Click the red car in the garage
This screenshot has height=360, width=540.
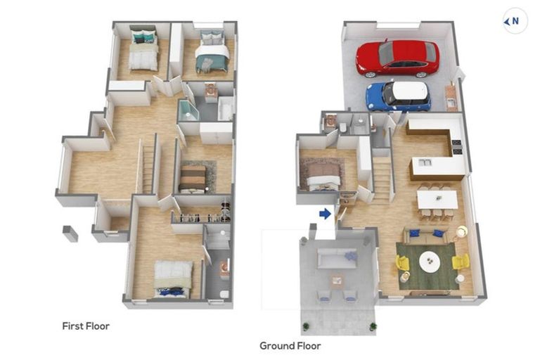pyautogui.click(x=397, y=58)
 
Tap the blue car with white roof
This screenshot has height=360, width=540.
pyautogui.click(x=398, y=96)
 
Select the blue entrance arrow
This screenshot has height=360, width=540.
pyautogui.click(x=325, y=214)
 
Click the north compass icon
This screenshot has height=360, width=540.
pyautogui.click(x=515, y=21)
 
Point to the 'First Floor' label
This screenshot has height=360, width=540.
pyautogui.click(x=86, y=326)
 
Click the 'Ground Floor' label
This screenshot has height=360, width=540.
pyautogui.click(x=290, y=345)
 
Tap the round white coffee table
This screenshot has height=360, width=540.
pyautogui.click(x=430, y=261)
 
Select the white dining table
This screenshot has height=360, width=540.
pyautogui.click(x=437, y=200)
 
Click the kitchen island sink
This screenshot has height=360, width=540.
pyautogui.click(x=425, y=162)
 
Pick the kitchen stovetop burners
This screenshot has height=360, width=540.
pyautogui.click(x=456, y=147)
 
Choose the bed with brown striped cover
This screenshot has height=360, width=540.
pyautogui.click(x=193, y=179)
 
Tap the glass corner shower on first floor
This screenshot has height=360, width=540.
pyautogui.click(x=188, y=110)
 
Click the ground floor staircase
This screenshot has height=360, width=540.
pyautogui.click(x=381, y=180)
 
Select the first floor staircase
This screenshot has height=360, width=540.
pyautogui.click(x=148, y=169)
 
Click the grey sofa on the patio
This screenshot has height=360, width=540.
pyautogui.click(x=337, y=258)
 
